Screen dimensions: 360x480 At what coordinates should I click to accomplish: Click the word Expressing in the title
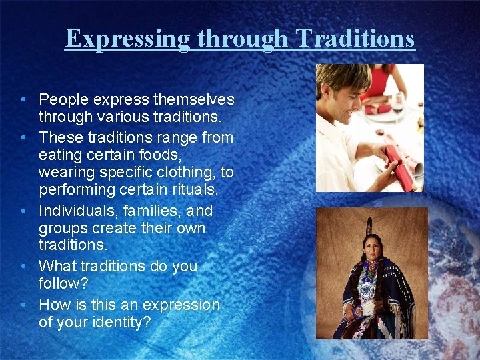pyautogui.click(x=127, y=39)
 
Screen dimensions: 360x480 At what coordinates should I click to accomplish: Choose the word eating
pyautogui.click(x=61, y=155)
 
